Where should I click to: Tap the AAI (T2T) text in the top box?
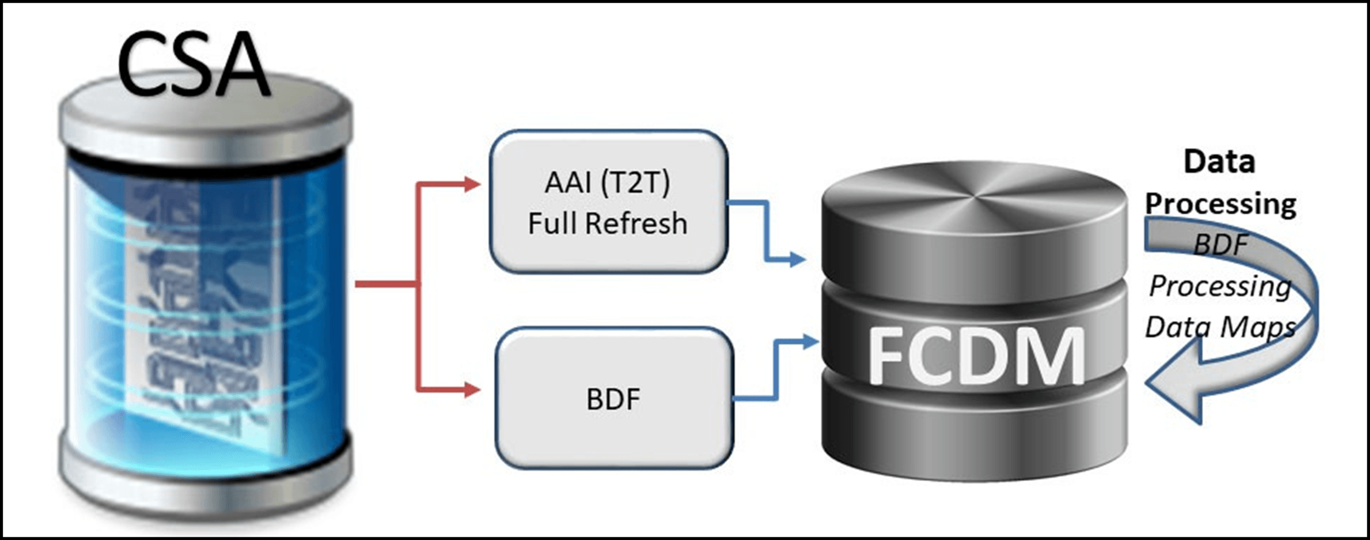(x=607, y=182)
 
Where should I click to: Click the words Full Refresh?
(x=607, y=223)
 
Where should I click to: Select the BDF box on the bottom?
(x=613, y=399)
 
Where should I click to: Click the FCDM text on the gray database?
(x=976, y=356)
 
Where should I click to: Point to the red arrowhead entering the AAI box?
(x=473, y=184)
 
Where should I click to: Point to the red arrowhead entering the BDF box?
(x=473, y=389)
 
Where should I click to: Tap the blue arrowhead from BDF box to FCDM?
(x=810, y=340)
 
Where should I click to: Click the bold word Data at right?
(x=1219, y=162)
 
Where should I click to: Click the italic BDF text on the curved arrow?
(x=1220, y=244)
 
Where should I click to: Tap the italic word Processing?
(x=1220, y=286)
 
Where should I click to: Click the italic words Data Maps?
(x=1220, y=327)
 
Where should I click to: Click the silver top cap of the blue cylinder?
(x=205, y=115)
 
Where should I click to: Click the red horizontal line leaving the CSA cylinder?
(x=385, y=284)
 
